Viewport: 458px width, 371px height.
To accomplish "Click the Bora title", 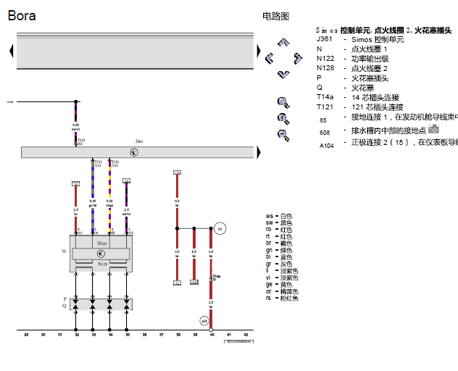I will pyautogui.click(x=22, y=15).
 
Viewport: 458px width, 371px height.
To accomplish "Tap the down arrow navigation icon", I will pyautogui.click(x=283, y=74).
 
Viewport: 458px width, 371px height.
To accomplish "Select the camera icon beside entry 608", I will pyautogui.click(x=433, y=129).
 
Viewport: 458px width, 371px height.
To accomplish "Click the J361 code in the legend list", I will pyautogui.click(x=324, y=39).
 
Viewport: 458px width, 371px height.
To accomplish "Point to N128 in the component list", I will pyautogui.click(x=325, y=68).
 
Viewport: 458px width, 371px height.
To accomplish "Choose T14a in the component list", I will pyautogui.click(x=325, y=97).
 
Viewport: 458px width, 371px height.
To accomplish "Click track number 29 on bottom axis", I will pyautogui.click(x=26, y=335).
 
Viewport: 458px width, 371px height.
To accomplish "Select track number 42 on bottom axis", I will pyautogui.click(x=247, y=335).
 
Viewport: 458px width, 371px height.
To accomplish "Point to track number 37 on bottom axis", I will pyautogui.click(x=161, y=335).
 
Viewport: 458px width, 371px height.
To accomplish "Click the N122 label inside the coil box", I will pyautogui.click(x=102, y=243).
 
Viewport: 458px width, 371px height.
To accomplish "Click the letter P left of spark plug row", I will pyautogui.click(x=64, y=299).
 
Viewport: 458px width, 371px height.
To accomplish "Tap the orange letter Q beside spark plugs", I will pyautogui.click(x=64, y=306).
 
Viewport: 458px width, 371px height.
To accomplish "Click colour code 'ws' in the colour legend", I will pyautogui.click(x=269, y=216).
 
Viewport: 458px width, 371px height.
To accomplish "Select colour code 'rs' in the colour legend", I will pyautogui.click(x=269, y=298).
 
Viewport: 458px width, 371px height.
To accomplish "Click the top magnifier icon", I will pyautogui.click(x=283, y=102).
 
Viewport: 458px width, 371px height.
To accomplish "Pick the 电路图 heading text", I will pyautogui.click(x=275, y=15).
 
